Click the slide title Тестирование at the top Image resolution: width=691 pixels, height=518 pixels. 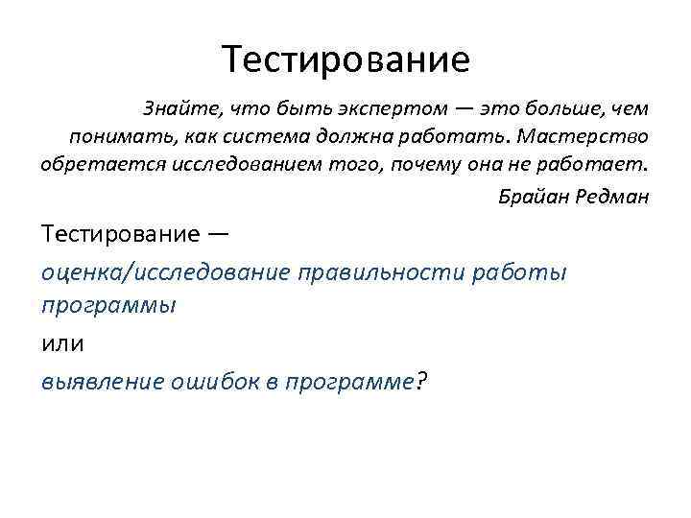pos(345,59)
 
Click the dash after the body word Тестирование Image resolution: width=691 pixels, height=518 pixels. pos(218,234)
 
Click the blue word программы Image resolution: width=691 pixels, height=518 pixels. pos(108,306)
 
